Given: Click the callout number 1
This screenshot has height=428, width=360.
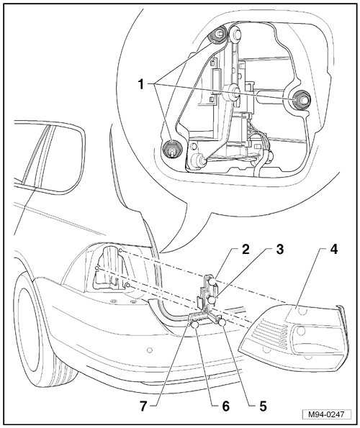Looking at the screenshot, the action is click(141, 84).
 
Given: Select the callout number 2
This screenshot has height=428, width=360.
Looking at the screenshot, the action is click(246, 250).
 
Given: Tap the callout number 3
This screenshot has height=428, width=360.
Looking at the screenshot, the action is click(279, 250).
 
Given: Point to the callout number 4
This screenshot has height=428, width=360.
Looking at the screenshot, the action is click(333, 250).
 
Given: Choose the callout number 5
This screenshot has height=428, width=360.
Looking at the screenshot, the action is click(263, 406).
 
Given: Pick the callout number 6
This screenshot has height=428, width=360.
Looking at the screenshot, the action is click(225, 406).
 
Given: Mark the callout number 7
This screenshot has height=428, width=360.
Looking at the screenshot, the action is click(144, 406).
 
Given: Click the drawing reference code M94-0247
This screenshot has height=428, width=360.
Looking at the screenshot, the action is click(326, 414).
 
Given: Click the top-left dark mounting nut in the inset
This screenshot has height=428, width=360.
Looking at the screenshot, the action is click(217, 35).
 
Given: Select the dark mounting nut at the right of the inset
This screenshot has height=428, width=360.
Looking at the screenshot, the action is click(301, 100).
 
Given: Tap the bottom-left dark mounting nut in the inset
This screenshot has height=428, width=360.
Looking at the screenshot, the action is click(170, 149).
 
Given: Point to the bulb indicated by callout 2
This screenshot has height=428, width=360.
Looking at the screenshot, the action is click(212, 281).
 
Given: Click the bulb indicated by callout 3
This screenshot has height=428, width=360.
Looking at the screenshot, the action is click(212, 300).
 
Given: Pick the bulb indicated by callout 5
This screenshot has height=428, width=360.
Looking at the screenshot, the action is click(222, 323).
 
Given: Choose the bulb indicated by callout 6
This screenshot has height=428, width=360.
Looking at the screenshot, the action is click(194, 325).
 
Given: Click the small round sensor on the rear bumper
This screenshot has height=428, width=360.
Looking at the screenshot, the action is click(149, 350).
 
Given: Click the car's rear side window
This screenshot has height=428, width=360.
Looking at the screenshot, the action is click(49, 157).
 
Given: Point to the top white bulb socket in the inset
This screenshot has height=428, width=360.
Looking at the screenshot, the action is click(235, 34).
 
